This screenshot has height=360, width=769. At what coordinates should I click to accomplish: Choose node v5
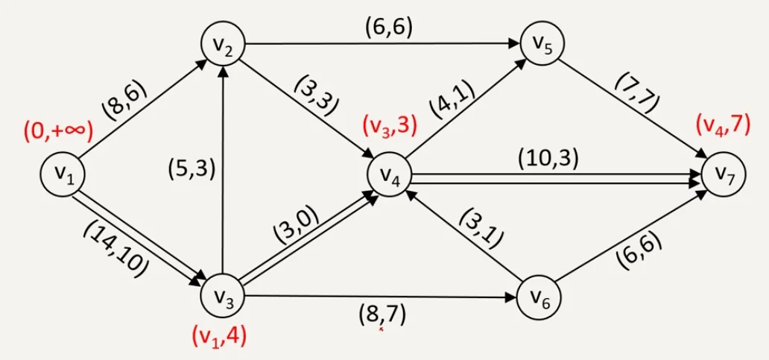click(x=542, y=44)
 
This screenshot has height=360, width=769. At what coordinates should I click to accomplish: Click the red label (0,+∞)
click(x=57, y=133)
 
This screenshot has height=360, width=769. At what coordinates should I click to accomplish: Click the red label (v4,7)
click(x=722, y=125)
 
